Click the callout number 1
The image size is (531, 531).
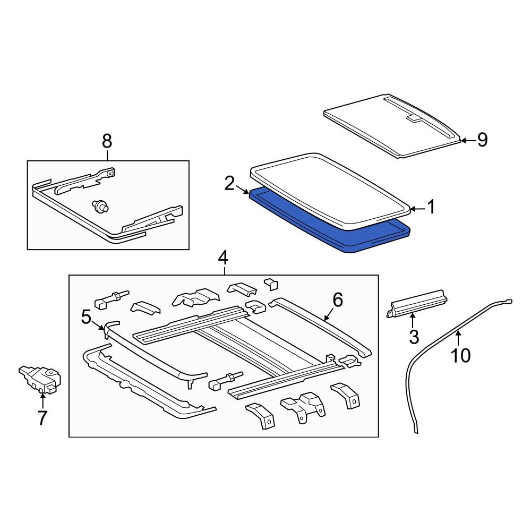coord(431,208)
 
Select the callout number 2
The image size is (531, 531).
coord(229,184)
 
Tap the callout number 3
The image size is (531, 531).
coord(413,336)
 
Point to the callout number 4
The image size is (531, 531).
coord(223,259)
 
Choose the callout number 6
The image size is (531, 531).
coord(338,301)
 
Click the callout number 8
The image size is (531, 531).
coord(107,141)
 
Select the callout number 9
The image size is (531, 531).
coord(482,140)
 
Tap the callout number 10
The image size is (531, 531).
coord(460,355)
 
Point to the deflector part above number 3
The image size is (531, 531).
coord(417,304)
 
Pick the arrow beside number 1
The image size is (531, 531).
coord(417,209)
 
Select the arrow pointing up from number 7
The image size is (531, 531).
coord(42,401)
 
